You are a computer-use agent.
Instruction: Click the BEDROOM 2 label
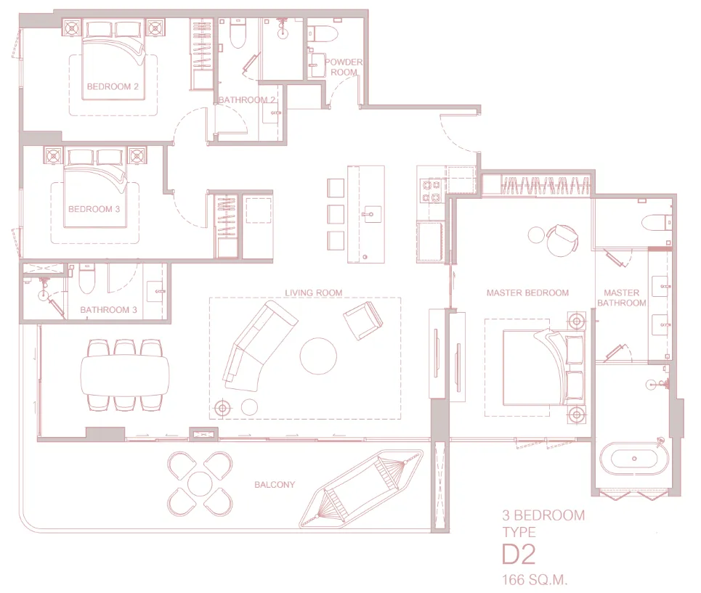point(113,86)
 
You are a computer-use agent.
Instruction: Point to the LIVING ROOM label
point(313,293)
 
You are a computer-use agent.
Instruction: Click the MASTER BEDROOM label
point(527,293)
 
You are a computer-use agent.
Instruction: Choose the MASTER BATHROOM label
point(622,298)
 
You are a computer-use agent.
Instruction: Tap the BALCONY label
point(275,484)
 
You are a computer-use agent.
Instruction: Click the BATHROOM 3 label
point(108,309)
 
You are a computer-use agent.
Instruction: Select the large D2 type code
point(519,555)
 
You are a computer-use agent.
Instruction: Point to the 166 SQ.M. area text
point(535,580)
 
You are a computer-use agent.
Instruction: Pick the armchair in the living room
point(362,320)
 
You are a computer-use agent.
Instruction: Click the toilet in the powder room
point(320,33)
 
